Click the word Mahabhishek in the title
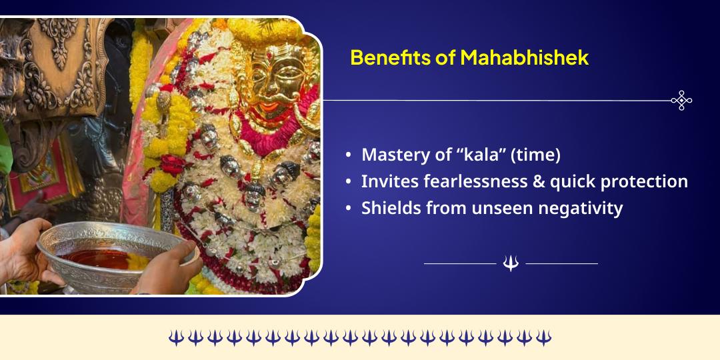pyautogui.click(x=525, y=57)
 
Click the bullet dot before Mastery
pyautogui.click(x=348, y=155)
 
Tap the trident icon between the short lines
pyautogui.click(x=511, y=264)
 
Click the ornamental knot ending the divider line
pyautogui.click(x=681, y=100)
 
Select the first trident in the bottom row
pyautogui.click(x=175, y=337)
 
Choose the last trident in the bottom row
pyautogui.click(x=543, y=337)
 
